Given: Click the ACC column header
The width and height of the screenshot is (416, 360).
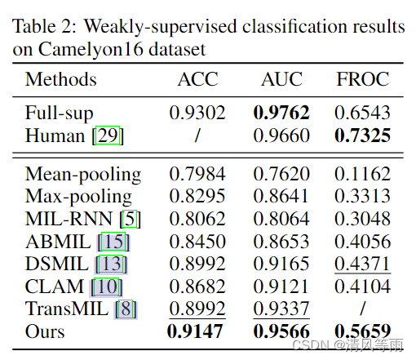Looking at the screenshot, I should pos(197,80).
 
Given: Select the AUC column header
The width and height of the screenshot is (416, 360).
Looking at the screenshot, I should pos(281,80).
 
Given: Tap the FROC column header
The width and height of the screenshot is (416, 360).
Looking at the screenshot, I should pos(364,80).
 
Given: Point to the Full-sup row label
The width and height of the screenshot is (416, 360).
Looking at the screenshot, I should pos(60,113).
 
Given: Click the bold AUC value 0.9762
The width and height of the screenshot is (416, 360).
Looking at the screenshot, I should pos(281,113).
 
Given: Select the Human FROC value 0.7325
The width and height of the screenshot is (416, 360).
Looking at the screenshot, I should pos(364,135).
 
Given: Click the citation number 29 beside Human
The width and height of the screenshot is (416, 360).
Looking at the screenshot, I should pos(109,136).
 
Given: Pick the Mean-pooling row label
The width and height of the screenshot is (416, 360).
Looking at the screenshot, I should pos(83,175).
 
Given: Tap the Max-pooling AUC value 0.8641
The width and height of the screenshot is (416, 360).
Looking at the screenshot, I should pos(281,197).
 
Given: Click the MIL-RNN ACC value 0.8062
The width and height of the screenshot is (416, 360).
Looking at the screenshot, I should pos(197,220).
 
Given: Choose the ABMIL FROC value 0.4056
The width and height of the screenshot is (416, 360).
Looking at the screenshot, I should pos(364,242).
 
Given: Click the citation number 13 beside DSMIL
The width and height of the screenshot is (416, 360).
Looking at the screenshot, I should pos(111,264).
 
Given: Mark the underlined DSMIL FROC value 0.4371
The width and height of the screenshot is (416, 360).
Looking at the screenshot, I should pos(364,264).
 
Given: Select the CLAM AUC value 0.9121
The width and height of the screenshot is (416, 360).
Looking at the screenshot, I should pos(281,287).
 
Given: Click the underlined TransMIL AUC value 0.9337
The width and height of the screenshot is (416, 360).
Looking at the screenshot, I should pos(281,309).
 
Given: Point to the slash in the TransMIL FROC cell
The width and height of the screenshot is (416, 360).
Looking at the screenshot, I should pos(364,309).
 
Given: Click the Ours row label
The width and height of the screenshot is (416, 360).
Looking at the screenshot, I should pos(46,332).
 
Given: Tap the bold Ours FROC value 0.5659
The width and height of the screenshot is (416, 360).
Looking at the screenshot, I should pos(364,332).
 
